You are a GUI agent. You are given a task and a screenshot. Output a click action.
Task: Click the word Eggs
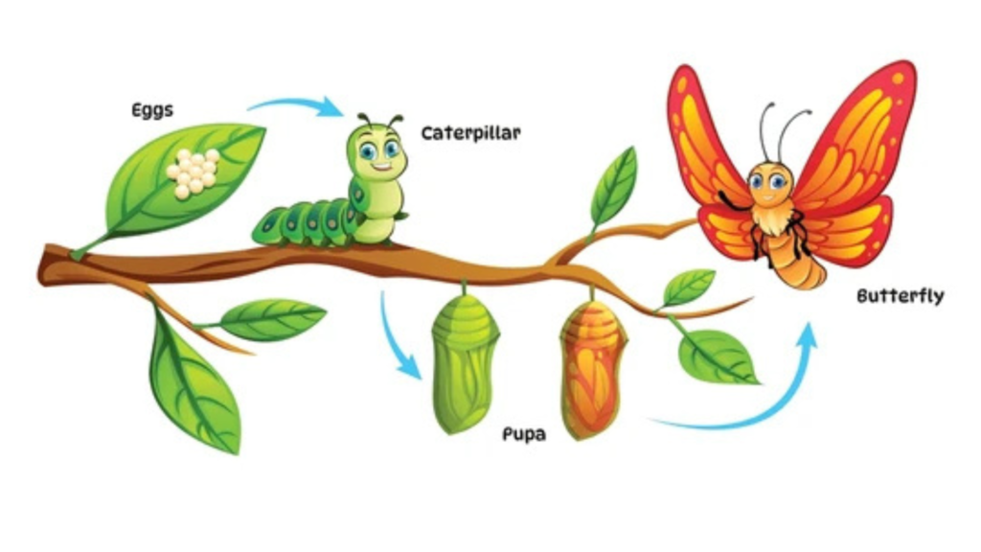coord(152,110)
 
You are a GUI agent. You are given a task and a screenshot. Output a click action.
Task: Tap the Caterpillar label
coord(470,133)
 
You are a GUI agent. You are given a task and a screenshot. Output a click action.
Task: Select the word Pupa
coord(524,434)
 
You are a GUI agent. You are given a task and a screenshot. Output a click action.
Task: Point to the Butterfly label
coord(901,295)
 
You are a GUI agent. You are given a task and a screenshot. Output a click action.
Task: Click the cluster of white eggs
coord(193,172)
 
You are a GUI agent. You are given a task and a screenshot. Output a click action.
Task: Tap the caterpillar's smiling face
coord(376,152)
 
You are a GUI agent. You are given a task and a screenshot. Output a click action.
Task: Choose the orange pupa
coord(592,369)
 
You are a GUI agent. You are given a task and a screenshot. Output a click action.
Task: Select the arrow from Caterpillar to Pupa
coord(393,341)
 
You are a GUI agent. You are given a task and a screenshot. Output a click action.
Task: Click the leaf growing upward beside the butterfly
coord(614,185)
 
